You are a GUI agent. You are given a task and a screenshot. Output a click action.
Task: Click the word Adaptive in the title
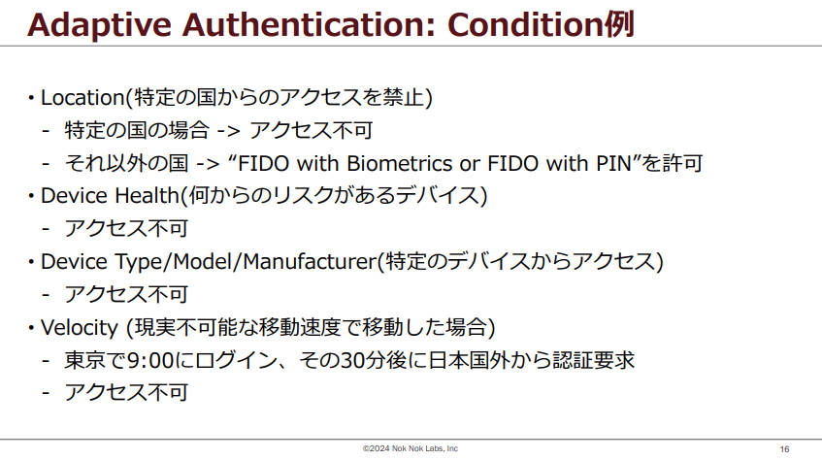[100, 25]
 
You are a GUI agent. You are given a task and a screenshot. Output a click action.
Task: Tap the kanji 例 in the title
[619, 24]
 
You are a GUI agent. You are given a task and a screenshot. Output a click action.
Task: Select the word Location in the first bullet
[82, 98]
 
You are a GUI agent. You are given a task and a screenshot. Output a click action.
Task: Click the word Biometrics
[399, 163]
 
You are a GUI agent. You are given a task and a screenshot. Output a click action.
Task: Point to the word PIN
[614, 163]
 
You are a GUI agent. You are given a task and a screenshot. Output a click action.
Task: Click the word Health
[148, 196]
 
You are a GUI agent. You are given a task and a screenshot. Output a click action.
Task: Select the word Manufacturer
[310, 261]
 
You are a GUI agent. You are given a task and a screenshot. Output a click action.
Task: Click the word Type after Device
[139, 262]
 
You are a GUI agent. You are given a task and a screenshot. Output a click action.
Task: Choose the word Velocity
[80, 328]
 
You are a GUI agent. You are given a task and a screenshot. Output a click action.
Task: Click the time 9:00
[150, 360]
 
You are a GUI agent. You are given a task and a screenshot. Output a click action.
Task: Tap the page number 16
[784, 449]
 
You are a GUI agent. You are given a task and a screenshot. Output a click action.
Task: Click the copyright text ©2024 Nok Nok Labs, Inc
[411, 448]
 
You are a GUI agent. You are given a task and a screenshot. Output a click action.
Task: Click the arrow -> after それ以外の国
[208, 164]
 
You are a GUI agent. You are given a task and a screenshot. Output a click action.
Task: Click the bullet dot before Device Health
[31, 196]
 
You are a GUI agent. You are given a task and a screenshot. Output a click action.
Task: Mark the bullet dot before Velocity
[31, 328]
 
